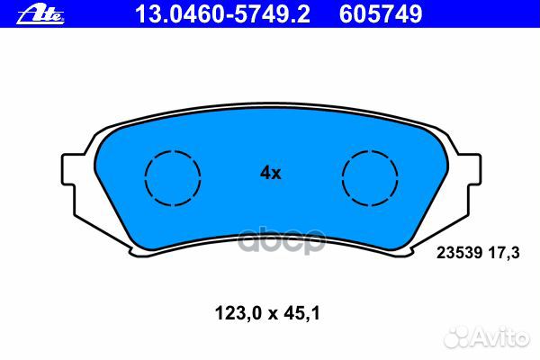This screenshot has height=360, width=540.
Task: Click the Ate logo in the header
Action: pos(40,15)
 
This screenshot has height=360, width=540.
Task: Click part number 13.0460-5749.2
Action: pos(222,14)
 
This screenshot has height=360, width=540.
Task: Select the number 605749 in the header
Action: pos(381,14)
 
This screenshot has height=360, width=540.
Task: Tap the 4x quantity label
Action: pos(271,173)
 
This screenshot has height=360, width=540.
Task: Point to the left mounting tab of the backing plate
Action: pos(68,169)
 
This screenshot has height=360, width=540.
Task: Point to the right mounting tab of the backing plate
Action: pos(474,169)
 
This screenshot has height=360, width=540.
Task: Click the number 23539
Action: pos(459,253)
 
